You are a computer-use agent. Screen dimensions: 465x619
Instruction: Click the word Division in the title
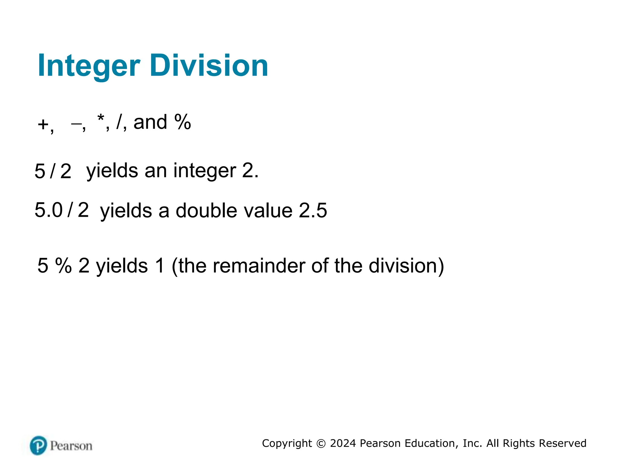pyautogui.click(x=209, y=65)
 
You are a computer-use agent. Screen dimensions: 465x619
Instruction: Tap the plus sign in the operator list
pyautogui.click(x=43, y=124)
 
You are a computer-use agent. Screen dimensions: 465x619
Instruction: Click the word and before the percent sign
pyautogui.click(x=150, y=122)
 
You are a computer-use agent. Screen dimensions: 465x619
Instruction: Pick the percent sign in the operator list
pyautogui.click(x=183, y=122)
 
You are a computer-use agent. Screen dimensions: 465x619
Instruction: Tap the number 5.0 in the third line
pyautogui.click(x=48, y=210)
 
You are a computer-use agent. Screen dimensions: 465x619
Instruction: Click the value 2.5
pyautogui.click(x=313, y=210)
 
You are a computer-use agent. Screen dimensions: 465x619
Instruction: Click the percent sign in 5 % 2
pyautogui.click(x=63, y=265)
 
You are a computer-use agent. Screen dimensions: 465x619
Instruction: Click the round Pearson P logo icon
pyautogui.click(x=39, y=445)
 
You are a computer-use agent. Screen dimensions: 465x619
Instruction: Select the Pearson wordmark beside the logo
pyautogui.click(x=71, y=446)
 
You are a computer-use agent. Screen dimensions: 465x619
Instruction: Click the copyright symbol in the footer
pyautogui.click(x=321, y=444)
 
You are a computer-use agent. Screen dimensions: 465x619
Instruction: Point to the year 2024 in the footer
pyautogui.click(x=343, y=443)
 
